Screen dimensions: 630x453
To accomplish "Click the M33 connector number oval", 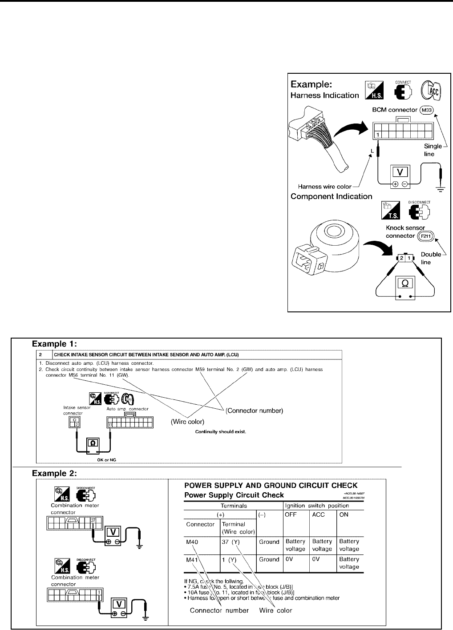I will click(426, 110).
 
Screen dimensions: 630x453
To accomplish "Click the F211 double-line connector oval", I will click(425, 236).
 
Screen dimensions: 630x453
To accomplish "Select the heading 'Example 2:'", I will click(54, 472).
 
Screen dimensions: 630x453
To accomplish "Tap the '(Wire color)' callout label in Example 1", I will click(187, 422).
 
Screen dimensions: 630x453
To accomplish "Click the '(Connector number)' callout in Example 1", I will click(254, 411).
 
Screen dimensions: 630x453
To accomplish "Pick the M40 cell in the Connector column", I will click(192, 542).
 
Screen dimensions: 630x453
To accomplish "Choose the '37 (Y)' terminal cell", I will click(231, 542).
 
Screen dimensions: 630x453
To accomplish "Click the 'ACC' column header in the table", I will click(319, 514).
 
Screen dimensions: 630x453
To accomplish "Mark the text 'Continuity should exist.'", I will click(221, 431).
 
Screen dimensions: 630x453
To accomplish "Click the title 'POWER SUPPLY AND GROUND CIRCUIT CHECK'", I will click(271, 486).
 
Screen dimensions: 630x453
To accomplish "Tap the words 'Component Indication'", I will click(332, 196).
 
